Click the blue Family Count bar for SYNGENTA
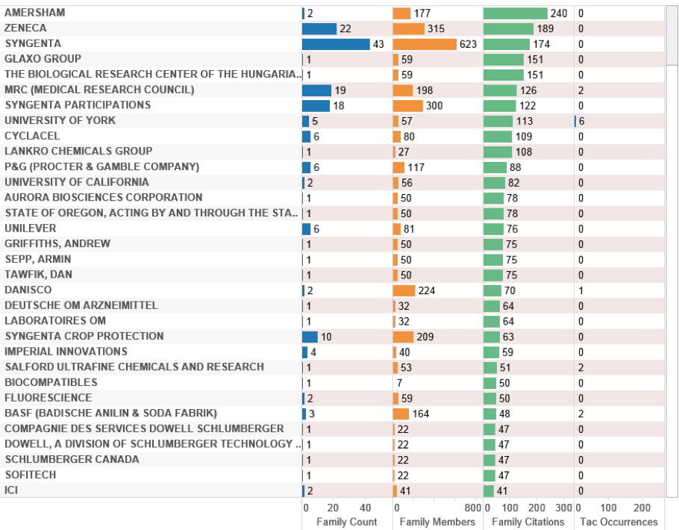336,44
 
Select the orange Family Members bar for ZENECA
408,28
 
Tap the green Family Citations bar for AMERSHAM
515,13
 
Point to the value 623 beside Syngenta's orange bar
468,44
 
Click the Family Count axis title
347,522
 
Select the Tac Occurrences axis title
619,522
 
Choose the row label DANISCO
28,290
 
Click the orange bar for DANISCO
404,290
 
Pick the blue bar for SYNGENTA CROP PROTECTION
310,337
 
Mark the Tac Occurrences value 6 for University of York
581,121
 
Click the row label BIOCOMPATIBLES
51,382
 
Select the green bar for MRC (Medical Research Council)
499,90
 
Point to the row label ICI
12,490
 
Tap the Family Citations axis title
528,522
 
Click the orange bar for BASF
401,414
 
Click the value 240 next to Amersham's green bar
559,13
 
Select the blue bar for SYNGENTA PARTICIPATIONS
316,105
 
